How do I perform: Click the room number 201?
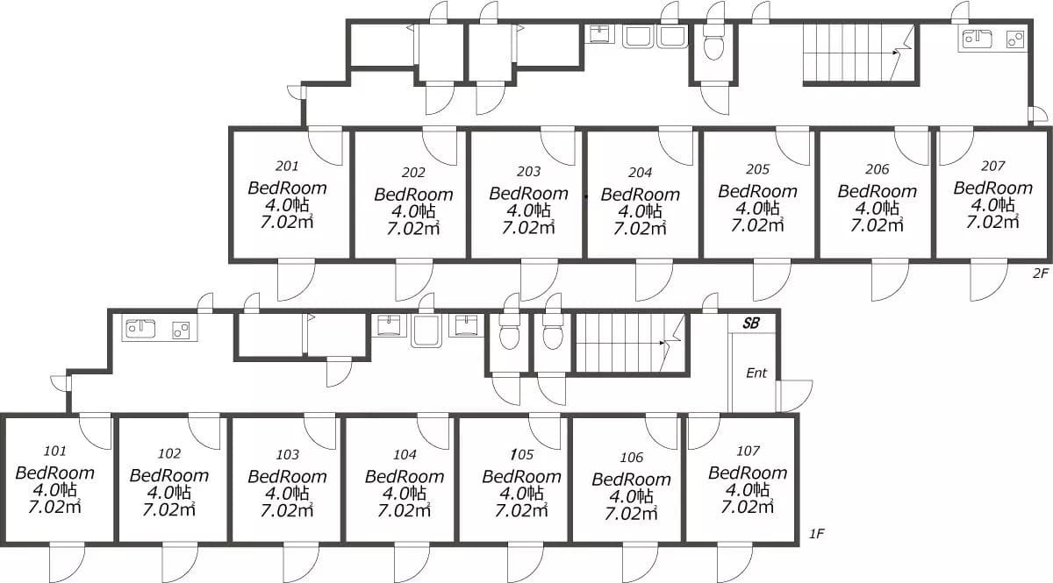[287, 166]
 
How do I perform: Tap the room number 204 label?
[640, 173]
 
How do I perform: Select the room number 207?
[992, 166]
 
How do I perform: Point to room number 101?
[55, 451]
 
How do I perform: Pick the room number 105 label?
[522, 454]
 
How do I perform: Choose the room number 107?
[748, 451]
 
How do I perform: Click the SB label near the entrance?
[751, 323]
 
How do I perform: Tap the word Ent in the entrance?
[756, 373]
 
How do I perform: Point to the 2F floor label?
[1041, 273]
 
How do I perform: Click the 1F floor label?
[817, 534]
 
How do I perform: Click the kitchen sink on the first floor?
[140, 329]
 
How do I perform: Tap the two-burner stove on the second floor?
[1015, 39]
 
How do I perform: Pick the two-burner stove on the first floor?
[181, 331]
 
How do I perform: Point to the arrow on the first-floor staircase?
[621, 343]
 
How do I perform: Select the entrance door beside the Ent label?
[794, 395]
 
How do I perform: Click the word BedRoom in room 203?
[528, 194]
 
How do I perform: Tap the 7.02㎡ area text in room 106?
[631, 514]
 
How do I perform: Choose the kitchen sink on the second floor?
[978, 39]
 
